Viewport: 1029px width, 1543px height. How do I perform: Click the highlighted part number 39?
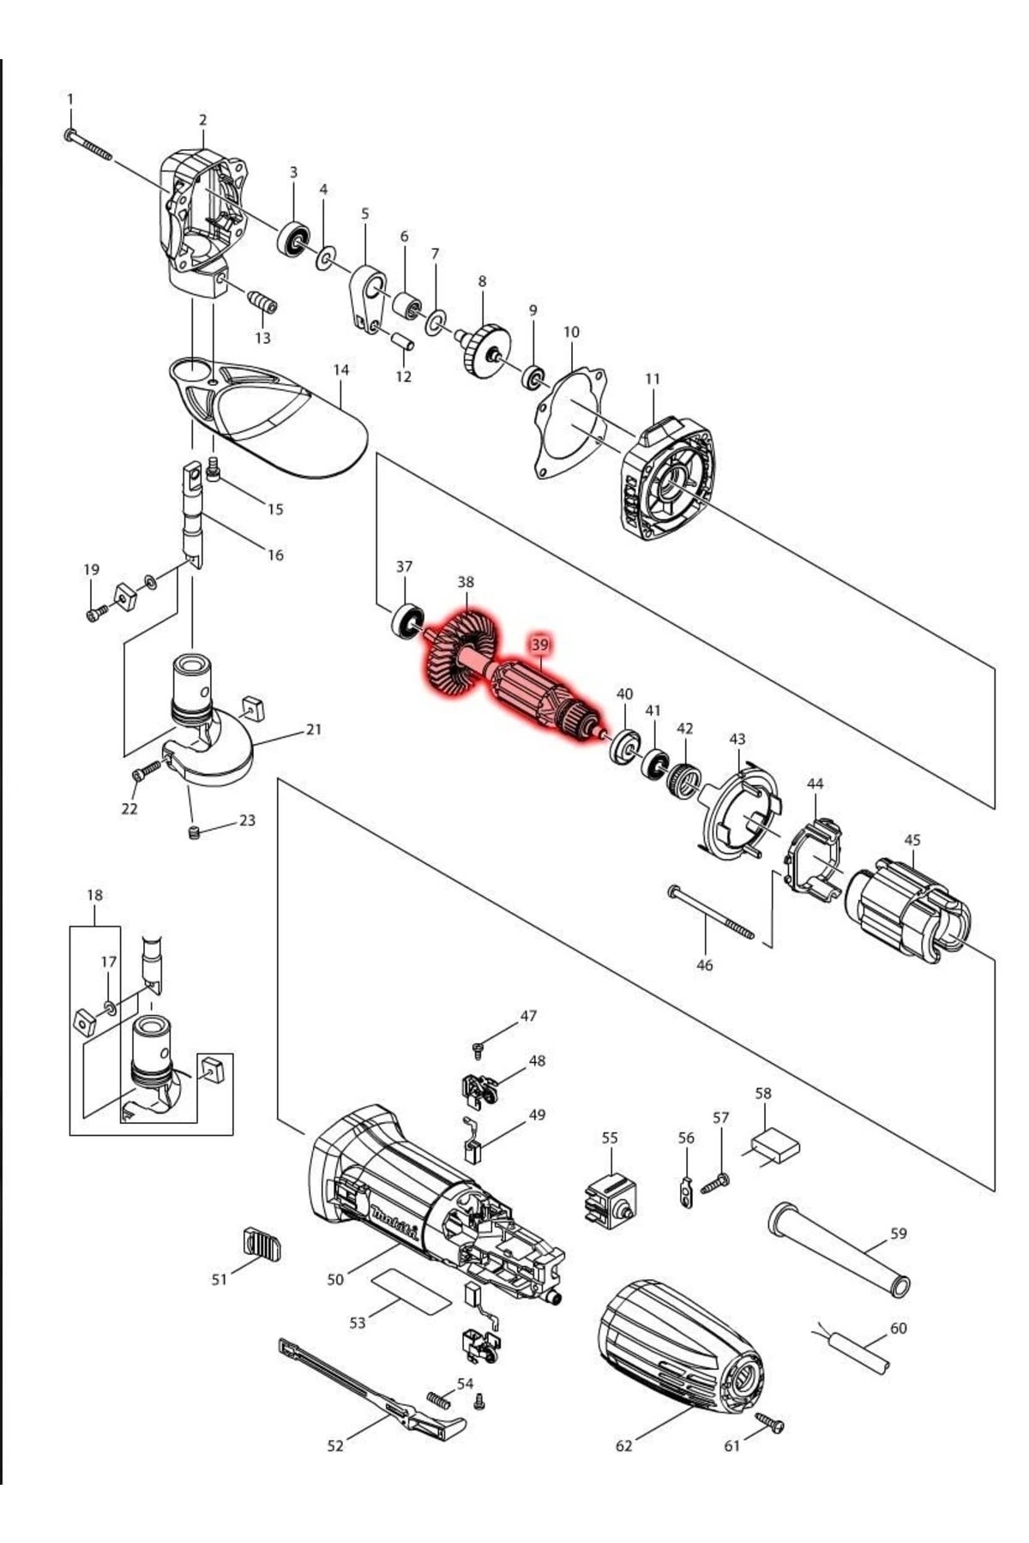(x=539, y=644)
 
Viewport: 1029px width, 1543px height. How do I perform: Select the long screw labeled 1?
(x=89, y=145)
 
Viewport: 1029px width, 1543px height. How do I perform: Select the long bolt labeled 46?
(x=711, y=914)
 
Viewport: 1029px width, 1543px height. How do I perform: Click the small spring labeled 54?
(x=438, y=1400)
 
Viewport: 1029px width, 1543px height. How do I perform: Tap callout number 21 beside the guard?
(x=314, y=729)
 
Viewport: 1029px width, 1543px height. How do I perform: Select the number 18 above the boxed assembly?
(x=94, y=895)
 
